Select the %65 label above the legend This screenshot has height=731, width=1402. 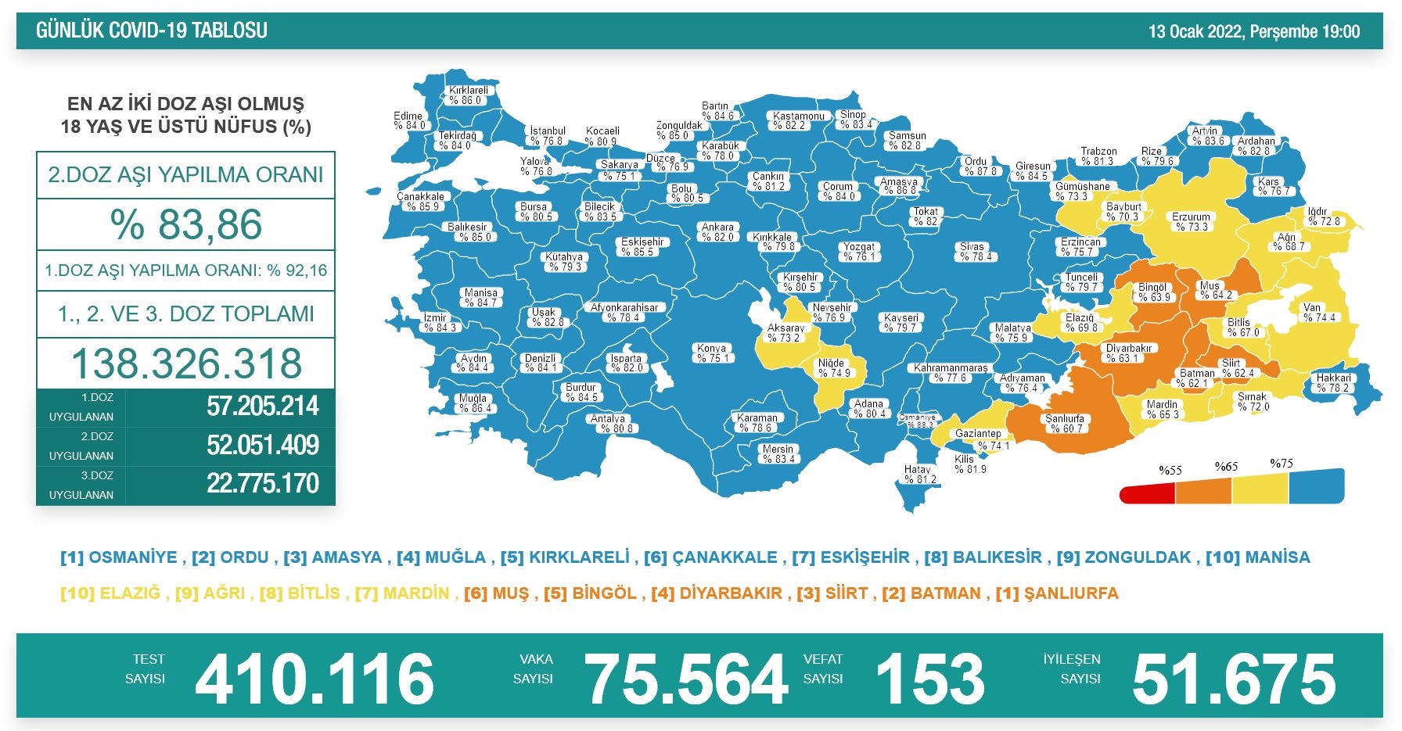click(1226, 467)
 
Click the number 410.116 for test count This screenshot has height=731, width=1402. click(315, 679)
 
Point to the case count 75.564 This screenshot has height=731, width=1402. click(686, 679)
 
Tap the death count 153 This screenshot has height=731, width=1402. click(929, 679)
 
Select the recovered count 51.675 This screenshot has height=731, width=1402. click(1234, 679)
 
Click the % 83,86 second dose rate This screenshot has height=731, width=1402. click(186, 224)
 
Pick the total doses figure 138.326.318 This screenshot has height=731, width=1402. click(186, 364)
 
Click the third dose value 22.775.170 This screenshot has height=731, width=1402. click(262, 484)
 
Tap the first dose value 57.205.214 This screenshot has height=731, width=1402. click(262, 407)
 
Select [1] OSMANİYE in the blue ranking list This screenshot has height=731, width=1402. click(119, 557)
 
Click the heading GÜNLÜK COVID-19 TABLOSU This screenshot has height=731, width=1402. click(152, 30)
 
